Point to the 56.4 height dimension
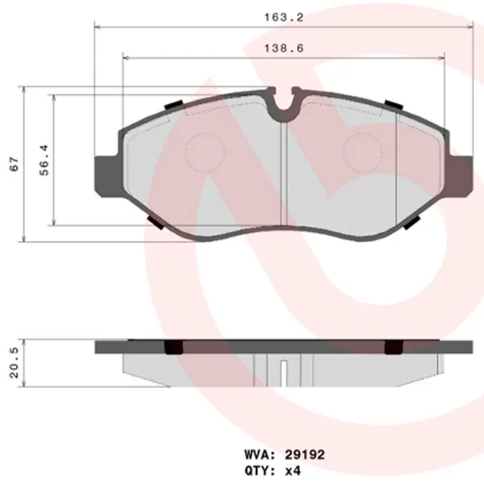[46, 161]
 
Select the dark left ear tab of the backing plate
[107, 173]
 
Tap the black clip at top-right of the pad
[394, 105]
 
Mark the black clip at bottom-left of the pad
[157, 223]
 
